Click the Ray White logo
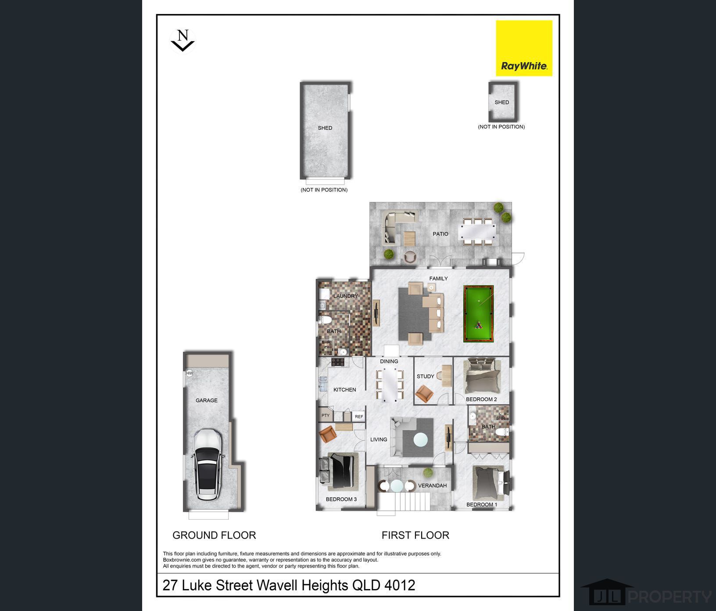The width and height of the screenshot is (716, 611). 524,48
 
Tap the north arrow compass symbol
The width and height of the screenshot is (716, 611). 182,40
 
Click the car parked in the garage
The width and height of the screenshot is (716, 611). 207,464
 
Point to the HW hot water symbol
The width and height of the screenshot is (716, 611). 190,374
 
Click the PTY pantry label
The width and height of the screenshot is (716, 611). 326,415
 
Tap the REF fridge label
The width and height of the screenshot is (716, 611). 359,417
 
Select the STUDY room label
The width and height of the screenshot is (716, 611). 426,376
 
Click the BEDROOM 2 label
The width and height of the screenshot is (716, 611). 481,399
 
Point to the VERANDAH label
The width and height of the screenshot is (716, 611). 432,485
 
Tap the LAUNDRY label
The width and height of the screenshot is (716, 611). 346,296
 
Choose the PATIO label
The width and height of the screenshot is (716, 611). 440,234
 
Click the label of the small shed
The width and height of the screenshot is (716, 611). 502,102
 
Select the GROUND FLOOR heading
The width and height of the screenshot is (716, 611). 214,535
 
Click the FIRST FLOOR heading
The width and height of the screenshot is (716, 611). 415,535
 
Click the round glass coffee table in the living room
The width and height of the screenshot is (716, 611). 421,439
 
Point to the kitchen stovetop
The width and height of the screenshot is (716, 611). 338,362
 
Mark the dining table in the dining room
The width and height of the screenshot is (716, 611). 389,385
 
